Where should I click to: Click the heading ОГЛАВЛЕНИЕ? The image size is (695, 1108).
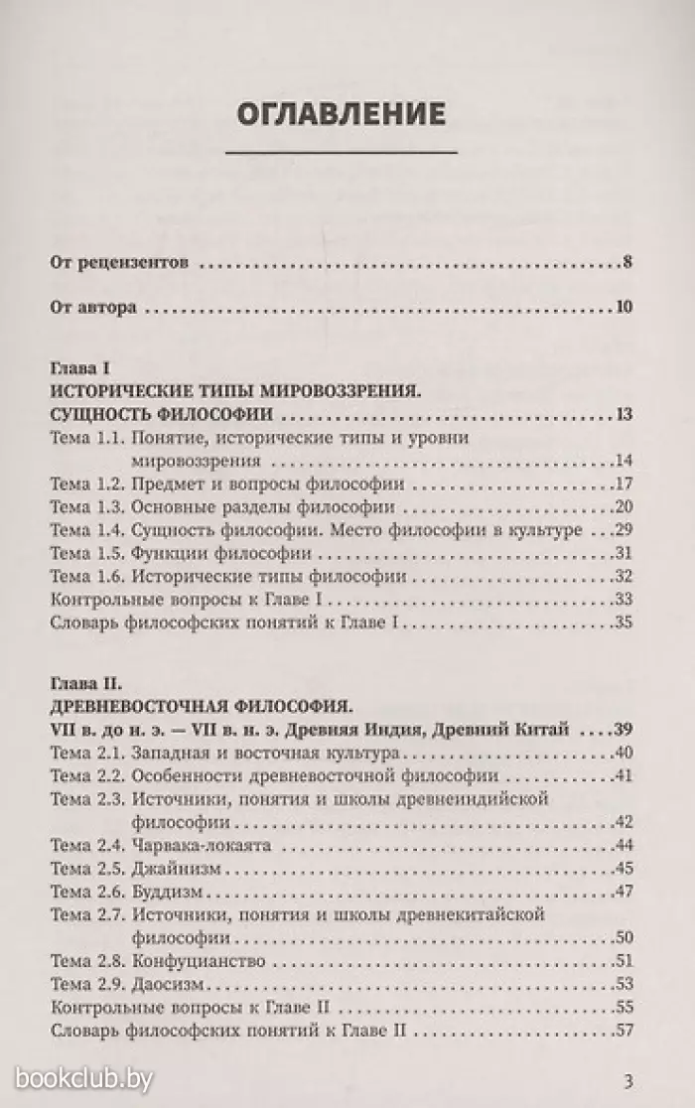coord(341,112)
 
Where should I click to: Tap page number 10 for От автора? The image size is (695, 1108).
coord(624,307)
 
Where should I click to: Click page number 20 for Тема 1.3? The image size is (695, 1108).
coord(624,507)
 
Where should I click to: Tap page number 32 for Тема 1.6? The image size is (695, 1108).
coord(624,576)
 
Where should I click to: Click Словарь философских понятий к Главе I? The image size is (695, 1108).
coord(223,623)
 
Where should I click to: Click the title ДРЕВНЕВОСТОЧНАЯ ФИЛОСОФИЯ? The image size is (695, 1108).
coord(201,707)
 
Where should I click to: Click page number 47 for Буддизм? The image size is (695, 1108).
coord(624,891)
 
